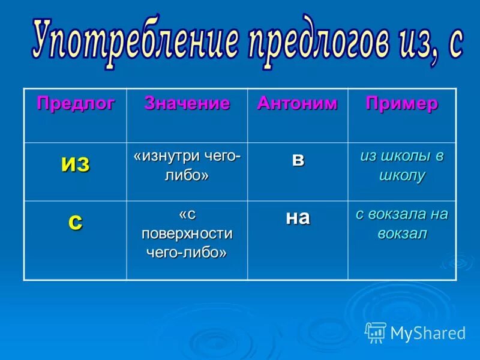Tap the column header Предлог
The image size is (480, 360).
[76, 103]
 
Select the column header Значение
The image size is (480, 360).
[187, 103]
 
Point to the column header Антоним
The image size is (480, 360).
[297, 103]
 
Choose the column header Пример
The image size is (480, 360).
[401, 103]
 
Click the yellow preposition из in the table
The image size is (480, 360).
[75, 164]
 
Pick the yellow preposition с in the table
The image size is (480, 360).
[75, 221]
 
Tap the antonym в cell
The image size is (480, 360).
[298, 160]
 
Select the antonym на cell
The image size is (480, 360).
[298, 217]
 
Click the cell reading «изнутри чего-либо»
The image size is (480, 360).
[187, 166]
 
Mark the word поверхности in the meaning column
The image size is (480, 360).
[187, 233]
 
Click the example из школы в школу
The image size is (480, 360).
[402, 166]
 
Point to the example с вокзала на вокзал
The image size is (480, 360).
[402, 223]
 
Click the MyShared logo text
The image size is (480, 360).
[427, 332]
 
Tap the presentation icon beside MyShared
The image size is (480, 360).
[376, 332]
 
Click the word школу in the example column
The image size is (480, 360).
[402, 176]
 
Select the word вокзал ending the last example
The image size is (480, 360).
[402, 233]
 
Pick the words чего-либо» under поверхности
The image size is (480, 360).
[187, 252]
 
